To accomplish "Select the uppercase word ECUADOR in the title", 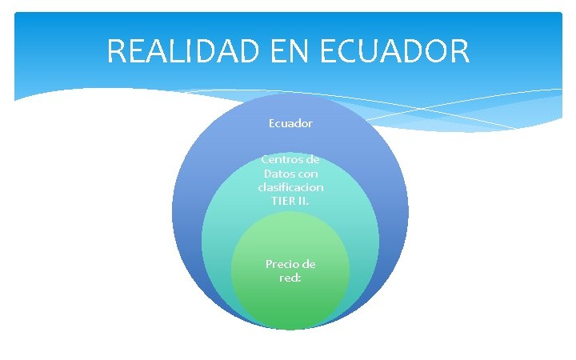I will [394, 52].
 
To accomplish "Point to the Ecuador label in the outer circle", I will [290, 124].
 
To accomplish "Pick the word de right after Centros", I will [311, 159].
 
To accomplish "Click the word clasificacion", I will [290, 186].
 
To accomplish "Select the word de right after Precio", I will [308, 264].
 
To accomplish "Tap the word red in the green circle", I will [288, 278].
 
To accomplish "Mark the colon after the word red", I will [298, 278].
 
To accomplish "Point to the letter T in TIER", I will [274, 200].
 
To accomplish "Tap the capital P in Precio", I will [268, 264].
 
